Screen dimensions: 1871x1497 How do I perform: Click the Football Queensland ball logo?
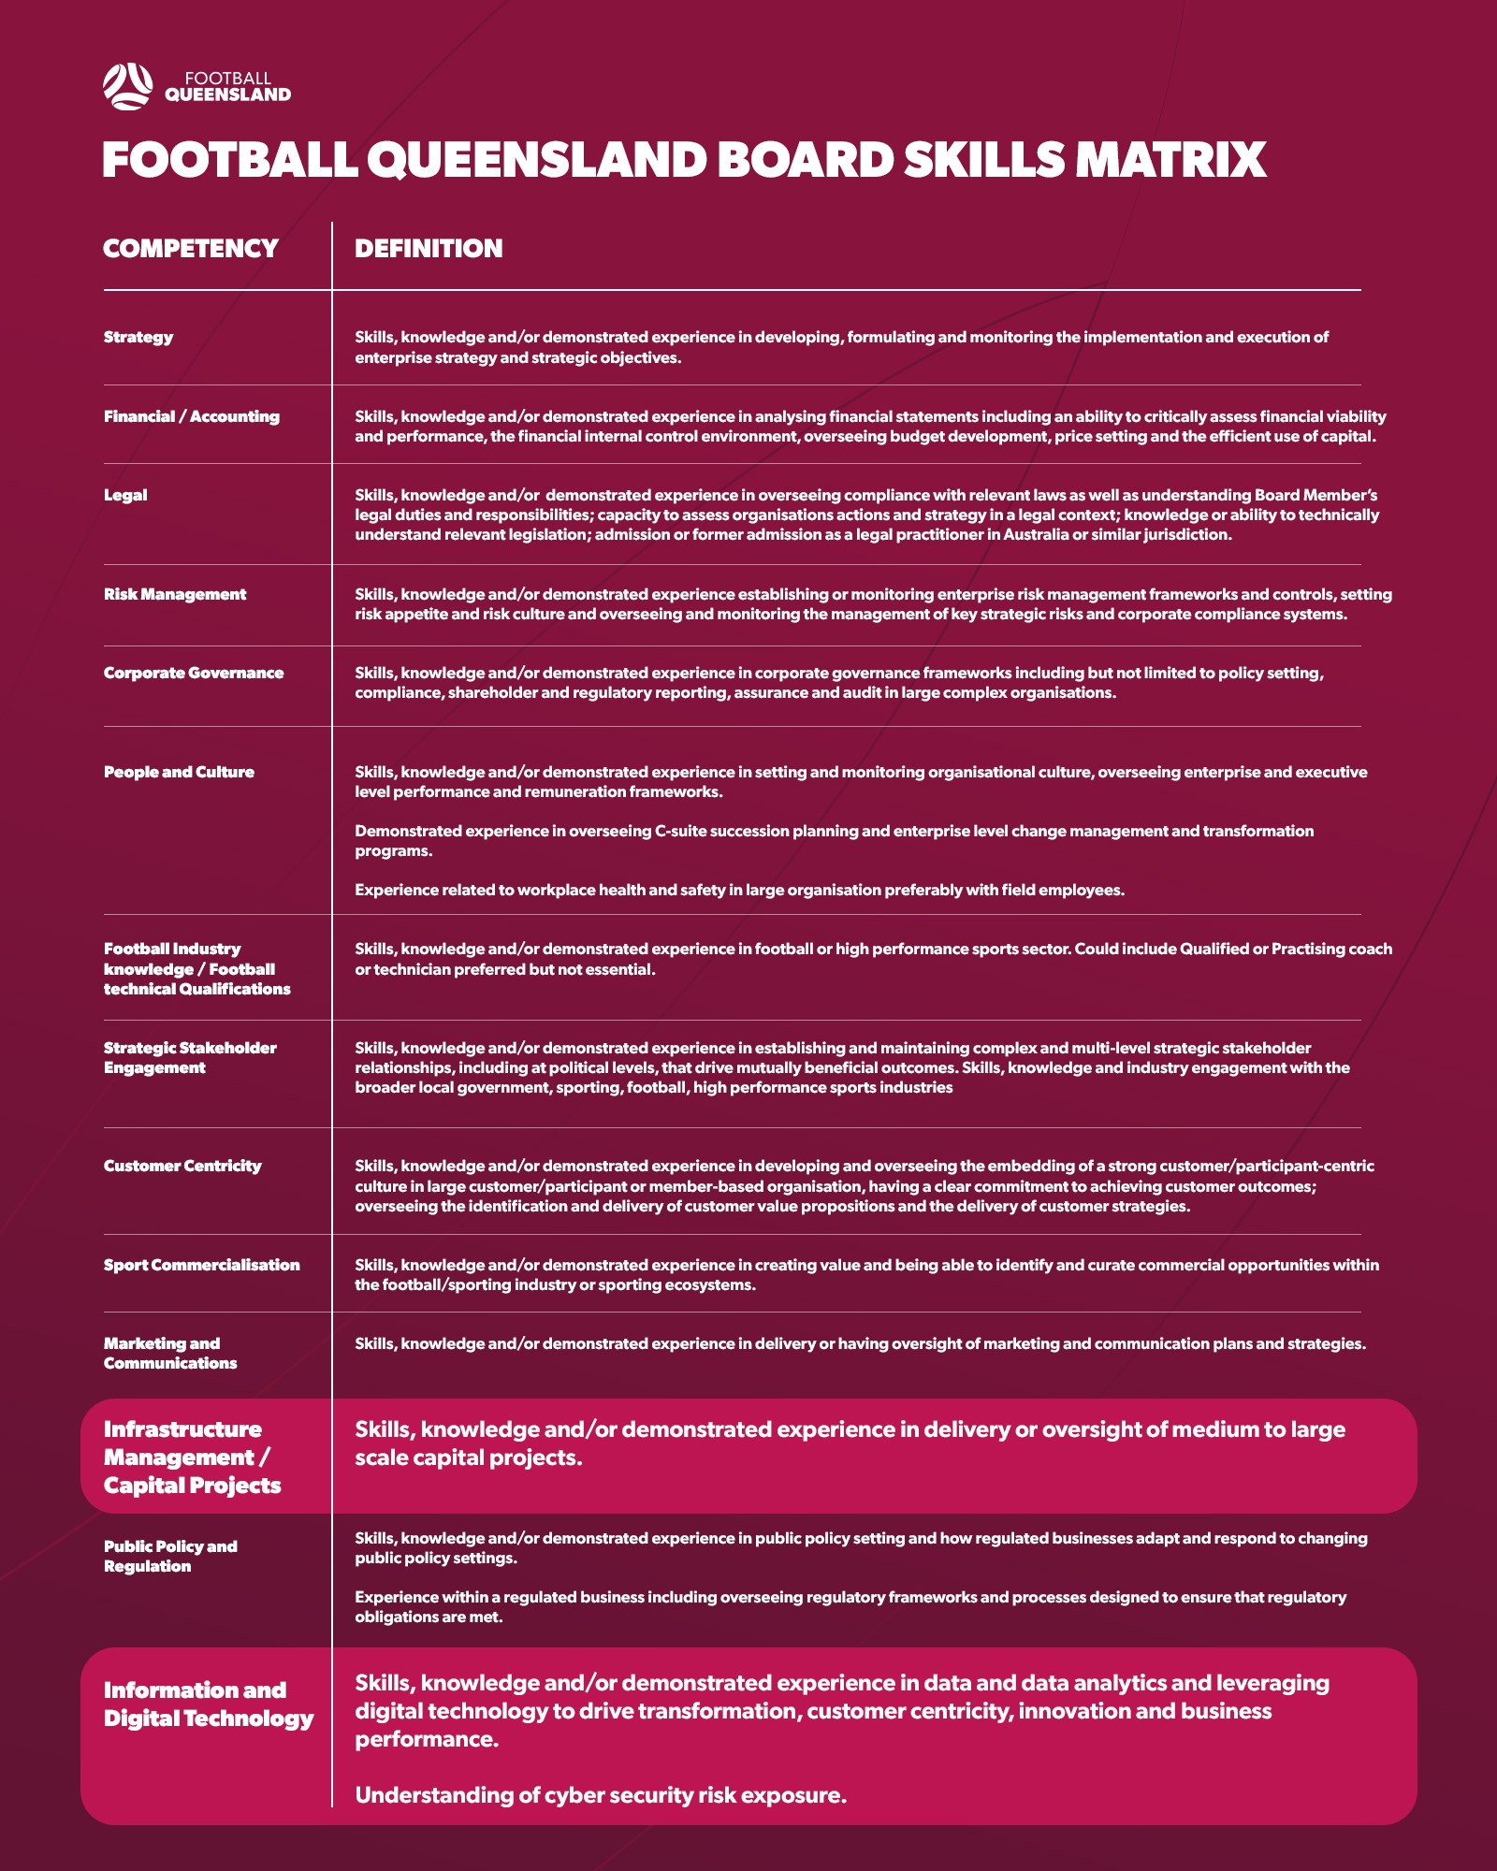tap(127, 86)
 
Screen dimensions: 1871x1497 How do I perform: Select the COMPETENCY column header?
tap(191, 249)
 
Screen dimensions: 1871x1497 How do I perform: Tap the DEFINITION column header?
tap(429, 249)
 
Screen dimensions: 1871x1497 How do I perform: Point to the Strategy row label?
tap(138, 338)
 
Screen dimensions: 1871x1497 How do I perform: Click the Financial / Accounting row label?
tap(192, 417)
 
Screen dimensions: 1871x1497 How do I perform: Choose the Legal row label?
tap(125, 496)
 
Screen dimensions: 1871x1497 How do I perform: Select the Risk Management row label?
tap(175, 595)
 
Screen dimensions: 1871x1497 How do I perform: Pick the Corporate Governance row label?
tap(194, 674)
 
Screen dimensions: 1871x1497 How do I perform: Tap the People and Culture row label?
tap(179, 773)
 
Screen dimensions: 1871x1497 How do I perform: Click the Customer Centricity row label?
tap(182, 1167)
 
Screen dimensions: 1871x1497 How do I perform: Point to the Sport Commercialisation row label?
tap(202, 1266)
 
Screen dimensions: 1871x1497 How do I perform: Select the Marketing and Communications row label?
tap(170, 1354)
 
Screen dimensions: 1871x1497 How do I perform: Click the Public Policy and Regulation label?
tap(170, 1557)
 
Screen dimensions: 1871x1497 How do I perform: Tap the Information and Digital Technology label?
tap(209, 1704)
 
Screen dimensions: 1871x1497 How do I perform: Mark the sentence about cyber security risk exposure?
tap(601, 1795)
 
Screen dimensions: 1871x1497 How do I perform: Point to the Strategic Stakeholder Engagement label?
tap(190, 1058)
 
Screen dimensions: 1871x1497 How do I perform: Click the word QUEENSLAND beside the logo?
tap(227, 95)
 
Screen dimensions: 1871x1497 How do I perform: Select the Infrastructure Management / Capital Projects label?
tap(192, 1458)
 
